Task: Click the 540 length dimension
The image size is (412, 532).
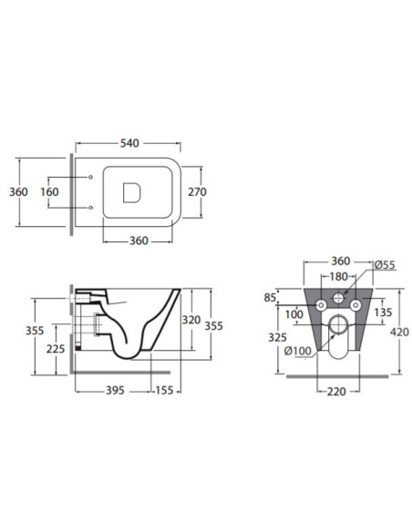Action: click(129, 143)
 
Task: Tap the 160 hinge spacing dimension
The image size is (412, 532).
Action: click(49, 192)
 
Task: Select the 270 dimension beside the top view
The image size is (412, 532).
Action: click(197, 192)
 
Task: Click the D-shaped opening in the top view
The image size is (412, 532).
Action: click(131, 193)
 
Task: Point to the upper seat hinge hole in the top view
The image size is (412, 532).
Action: click(90, 177)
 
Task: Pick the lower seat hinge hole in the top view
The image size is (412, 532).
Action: click(90, 208)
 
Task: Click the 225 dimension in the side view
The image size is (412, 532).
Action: click(56, 349)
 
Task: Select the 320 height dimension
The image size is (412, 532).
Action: click(191, 320)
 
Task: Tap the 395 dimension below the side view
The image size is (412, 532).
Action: click(115, 391)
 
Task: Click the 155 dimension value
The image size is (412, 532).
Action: click(164, 391)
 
